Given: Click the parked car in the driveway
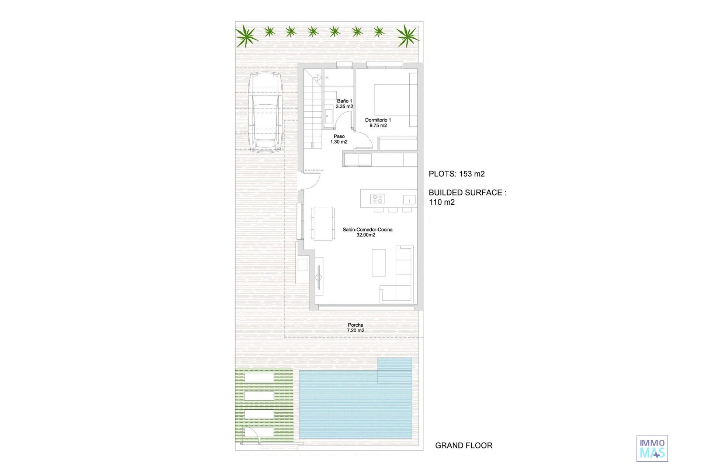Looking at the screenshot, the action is coord(265,112).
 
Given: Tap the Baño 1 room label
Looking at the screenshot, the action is coord(344,104).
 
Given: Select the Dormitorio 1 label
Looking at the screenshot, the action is coord(378,123).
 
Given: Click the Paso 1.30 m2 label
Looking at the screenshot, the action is coord(339,139).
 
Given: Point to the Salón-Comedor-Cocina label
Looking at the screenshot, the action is coord(367,232).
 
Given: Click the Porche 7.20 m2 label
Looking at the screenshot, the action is coord(355,328).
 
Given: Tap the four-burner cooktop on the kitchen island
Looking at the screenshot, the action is coord(377,199).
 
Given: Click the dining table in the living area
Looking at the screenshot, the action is coord(323,223).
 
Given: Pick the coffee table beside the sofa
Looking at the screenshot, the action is coord(378,263).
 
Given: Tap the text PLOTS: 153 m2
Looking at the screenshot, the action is coord(457,174).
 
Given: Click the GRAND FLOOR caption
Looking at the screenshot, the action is coord(464,445).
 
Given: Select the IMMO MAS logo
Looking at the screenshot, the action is coord(652,449).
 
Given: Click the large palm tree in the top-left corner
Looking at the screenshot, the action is coord(246,37).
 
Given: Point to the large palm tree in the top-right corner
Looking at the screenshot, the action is coord(407,36).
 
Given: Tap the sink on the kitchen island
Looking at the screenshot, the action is coord(409,200).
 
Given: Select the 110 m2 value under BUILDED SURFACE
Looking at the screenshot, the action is coord(442,202).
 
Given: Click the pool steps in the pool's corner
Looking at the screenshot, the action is coord(395,371).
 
